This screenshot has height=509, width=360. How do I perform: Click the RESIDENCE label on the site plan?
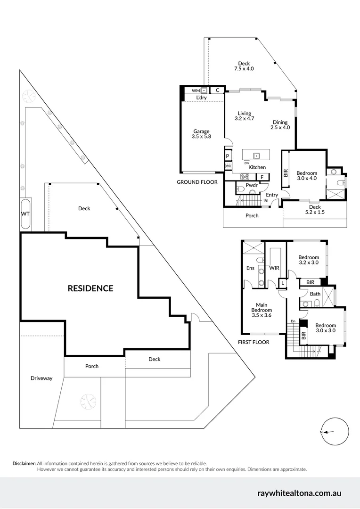coord(90,288)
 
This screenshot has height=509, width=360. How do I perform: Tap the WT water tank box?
coord(25,214)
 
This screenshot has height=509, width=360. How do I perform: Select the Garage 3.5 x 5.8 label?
coord(201,134)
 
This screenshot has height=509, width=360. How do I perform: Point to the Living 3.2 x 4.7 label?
coord(244,116)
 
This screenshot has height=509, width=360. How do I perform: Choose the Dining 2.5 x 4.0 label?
coord(280,125)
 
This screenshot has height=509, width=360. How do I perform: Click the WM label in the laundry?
coord(195,90)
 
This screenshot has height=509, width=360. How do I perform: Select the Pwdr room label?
coord(251,185)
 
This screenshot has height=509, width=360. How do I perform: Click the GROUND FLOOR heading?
coord(197,182)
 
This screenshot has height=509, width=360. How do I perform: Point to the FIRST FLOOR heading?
coord(254,342)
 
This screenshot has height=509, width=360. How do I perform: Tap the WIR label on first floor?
coord(275,268)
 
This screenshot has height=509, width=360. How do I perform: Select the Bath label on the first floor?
coord(315,294)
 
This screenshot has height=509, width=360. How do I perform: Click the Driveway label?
coord(41,378)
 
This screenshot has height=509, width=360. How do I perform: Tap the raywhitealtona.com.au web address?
coord(299,493)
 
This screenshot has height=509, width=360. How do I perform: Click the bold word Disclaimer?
coord(24,464)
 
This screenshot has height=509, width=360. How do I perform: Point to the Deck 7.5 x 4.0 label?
coord(244,66)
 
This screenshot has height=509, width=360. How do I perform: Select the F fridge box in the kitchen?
coord(262,177)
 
